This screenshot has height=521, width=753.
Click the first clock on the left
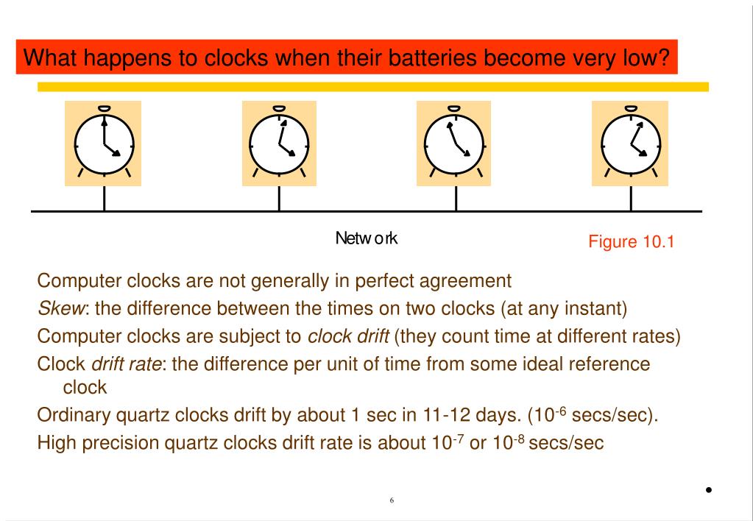point(104,143)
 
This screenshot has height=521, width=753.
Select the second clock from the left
point(279,143)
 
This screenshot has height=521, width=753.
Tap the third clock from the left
point(454,143)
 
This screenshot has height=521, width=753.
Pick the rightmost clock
point(630,143)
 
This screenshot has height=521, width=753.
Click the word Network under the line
point(367,238)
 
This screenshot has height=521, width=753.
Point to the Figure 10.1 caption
point(631,241)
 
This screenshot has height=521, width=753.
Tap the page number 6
point(392,500)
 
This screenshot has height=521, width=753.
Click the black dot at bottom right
point(709,489)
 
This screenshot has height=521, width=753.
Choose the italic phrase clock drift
point(348,336)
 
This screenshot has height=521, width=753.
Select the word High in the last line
point(57,443)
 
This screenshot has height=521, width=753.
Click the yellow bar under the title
point(372,87)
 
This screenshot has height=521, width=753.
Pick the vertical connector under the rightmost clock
point(632,198)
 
